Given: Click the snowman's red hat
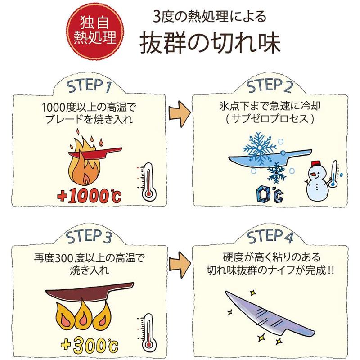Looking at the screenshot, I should (315, 162).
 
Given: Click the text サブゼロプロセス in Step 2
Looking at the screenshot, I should (269, 121).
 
